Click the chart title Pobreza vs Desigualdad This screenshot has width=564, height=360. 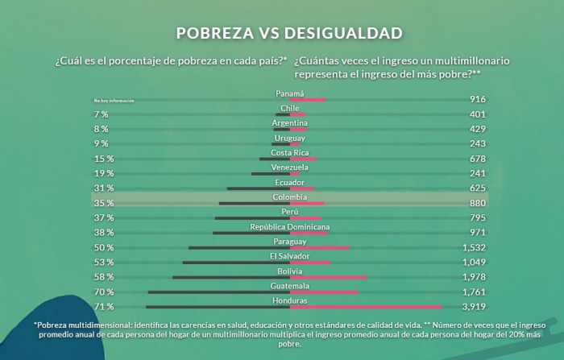(289, 33)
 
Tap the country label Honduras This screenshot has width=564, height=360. (289, 300)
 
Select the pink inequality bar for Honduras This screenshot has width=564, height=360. (366, 307)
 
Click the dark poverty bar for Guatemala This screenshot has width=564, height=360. (218, 292)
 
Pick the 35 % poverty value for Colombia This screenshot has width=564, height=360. (103, 203)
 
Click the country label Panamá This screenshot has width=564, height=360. (289, 93)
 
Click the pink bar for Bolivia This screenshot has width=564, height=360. (328, 277)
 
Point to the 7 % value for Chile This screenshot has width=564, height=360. (101, 114)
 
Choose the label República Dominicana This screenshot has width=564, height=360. (289, 226)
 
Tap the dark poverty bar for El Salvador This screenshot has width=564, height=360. (235, 263)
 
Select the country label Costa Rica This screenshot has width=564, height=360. (289, 152)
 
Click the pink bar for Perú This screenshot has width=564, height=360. (305, 217)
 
